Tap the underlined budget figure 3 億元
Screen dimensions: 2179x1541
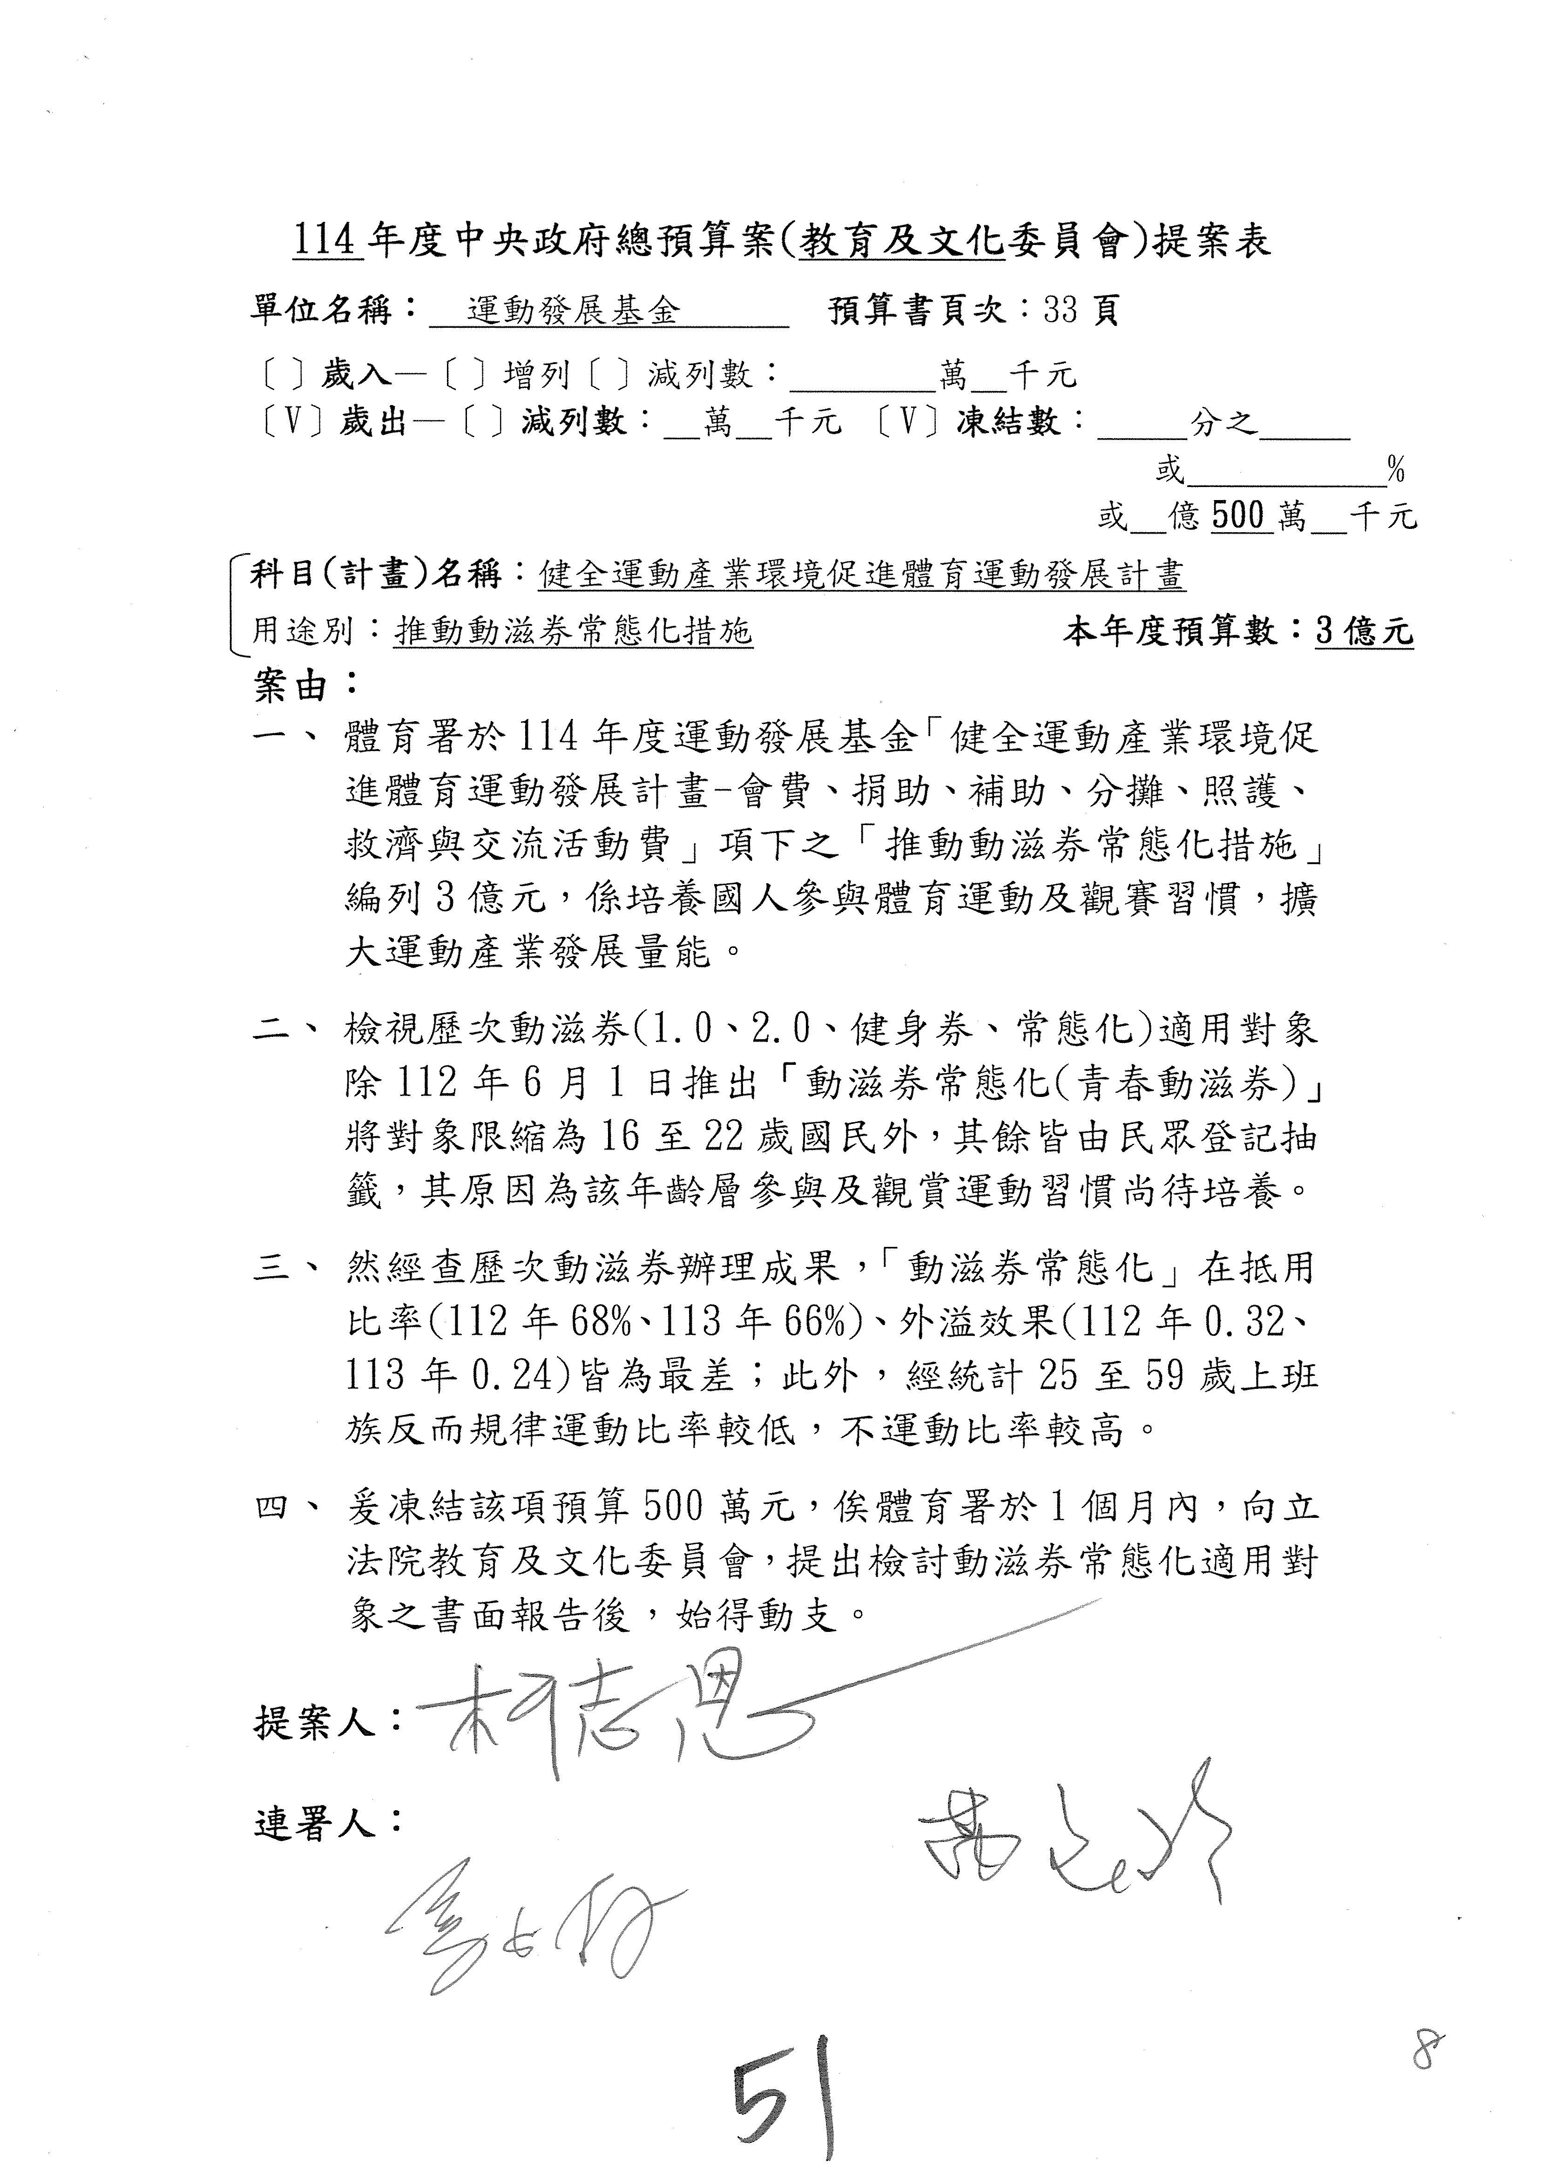pyautogui.click(x=1364, y=631)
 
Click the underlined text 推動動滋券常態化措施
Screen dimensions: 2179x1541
pyautogui.click(x=573, y=631)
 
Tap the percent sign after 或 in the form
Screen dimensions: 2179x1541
pyautogui.click(x=1395, y=469)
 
